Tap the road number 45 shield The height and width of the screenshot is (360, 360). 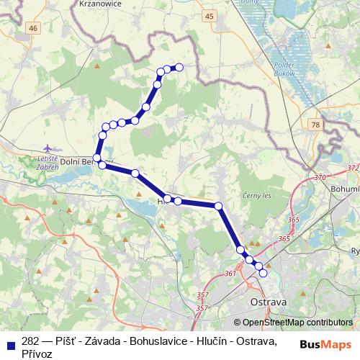click(x=209, y=15)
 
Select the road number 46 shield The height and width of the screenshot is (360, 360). click(x=33, y=27)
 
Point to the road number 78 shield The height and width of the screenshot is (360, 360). click(x=315, y=125)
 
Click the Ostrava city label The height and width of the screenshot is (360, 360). click(x=268, y=302)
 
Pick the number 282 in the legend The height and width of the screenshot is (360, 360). click(x=30, y=341)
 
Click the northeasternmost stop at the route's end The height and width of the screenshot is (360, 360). click(x=179, y=67)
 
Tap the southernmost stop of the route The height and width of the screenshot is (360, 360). click(x=264, y=273)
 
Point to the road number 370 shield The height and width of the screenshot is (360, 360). click(x=320, y=176)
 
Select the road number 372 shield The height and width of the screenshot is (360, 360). click(x=352, y=167)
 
